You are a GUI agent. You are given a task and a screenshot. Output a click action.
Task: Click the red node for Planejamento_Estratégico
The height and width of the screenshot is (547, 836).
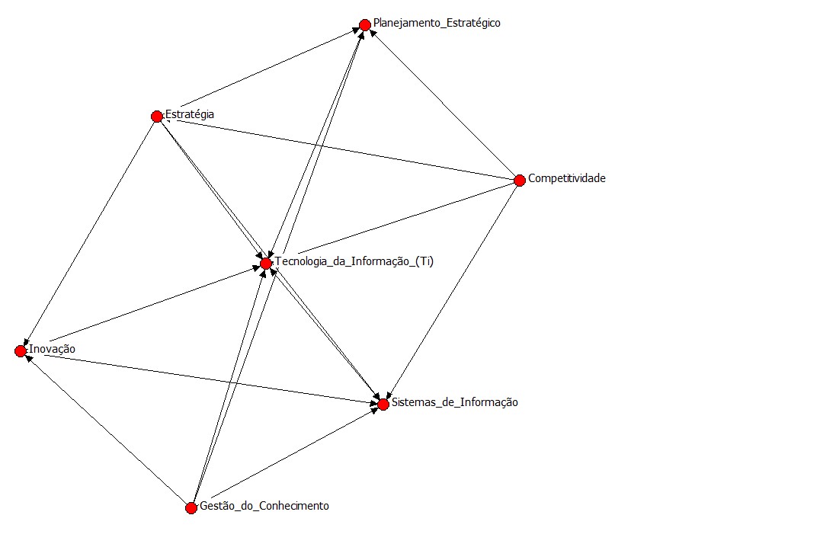pos(365,25)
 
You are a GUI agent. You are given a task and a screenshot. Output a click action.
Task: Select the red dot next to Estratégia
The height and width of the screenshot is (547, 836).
pos(157,117)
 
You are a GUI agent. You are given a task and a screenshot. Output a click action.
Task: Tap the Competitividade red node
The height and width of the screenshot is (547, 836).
pos(520,181)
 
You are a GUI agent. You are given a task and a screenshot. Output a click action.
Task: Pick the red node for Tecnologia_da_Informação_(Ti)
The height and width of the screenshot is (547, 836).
pos(266,264)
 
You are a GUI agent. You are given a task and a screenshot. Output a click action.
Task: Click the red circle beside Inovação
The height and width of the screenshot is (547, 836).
pos(21,350)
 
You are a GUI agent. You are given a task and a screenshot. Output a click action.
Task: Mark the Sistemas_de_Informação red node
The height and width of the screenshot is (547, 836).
pos(383,405)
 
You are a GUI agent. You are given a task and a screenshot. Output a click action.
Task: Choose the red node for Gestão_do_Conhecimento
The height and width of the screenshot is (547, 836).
pos(191,508)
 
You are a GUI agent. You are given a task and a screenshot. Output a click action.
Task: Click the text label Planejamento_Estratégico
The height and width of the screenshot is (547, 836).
pos(437,23)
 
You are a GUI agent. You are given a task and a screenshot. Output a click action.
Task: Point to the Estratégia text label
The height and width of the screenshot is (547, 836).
pos(190,114)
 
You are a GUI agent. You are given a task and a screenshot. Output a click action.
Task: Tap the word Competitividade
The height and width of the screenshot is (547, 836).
pos(567,178)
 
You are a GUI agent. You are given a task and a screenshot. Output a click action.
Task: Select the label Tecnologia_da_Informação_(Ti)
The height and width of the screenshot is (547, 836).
pos(354,261)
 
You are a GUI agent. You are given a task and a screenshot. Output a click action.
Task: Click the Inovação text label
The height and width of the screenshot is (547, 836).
pos(52,349)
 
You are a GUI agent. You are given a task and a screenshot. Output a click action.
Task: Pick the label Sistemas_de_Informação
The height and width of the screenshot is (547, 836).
pos(455,402)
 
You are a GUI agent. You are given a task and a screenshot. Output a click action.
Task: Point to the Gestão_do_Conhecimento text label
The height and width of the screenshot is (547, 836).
pos(264,506)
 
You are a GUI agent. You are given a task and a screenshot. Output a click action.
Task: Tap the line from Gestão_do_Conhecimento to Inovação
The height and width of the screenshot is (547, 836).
pos(106,430)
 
